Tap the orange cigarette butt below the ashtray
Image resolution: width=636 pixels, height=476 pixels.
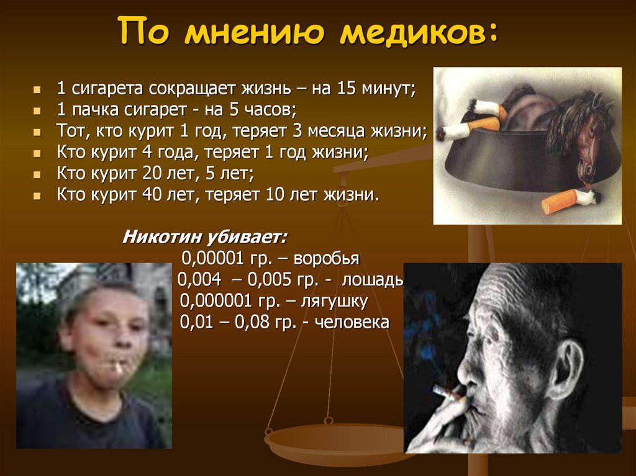coord(561,202)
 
